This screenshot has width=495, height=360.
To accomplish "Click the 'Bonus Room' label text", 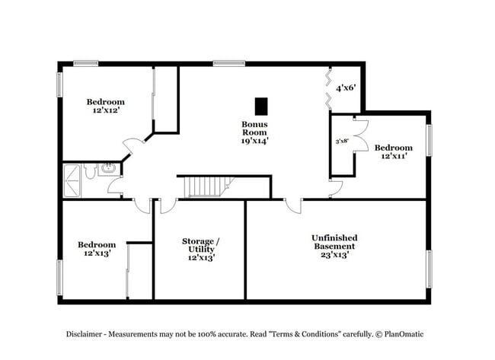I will (254, 128).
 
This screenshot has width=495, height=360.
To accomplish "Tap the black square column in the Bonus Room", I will (261, 105).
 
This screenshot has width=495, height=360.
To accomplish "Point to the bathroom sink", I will (108, 168).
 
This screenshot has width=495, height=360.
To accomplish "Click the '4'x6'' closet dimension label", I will (346, 87).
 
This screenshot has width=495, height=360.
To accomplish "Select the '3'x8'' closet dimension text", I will (342, 141).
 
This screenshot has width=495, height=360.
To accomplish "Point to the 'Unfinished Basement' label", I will (334, 242).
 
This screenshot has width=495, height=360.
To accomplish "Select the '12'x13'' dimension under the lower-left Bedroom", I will (97, 253).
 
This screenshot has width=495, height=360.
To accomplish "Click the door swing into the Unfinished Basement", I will (292, 205).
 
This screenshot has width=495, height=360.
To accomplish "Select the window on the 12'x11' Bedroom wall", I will (429, 140).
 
